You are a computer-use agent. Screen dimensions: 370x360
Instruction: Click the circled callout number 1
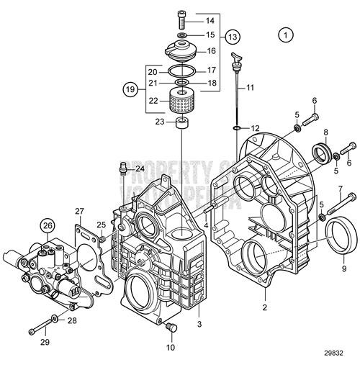(x=287, y=35)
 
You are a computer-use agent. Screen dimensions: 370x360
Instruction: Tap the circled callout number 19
(x=130, y=91)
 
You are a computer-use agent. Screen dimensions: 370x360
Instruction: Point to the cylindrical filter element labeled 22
(x=182, y=102)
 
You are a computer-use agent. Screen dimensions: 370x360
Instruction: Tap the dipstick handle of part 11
(x=235, y=57)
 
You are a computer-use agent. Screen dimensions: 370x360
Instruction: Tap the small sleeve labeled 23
(x=183, y=125)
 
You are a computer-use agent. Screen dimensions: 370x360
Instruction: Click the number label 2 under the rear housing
(x=266, y=307)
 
